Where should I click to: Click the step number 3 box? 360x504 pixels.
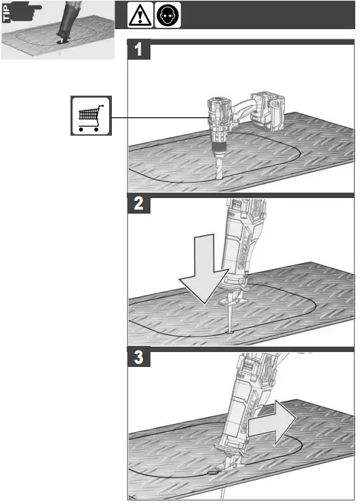coord(139,360)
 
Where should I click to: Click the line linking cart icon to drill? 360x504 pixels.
coord(156,117)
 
